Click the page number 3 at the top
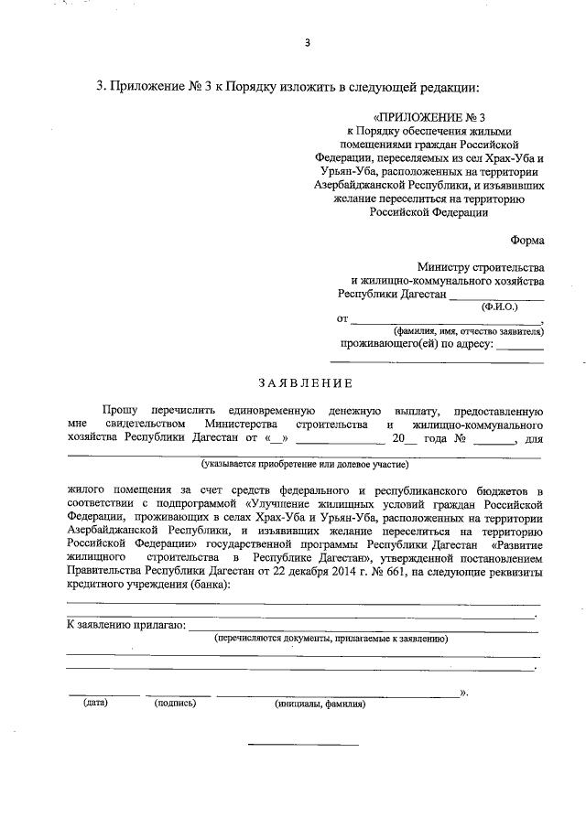(x=308, y=43)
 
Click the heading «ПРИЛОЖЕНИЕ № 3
(x=427, y=118)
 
